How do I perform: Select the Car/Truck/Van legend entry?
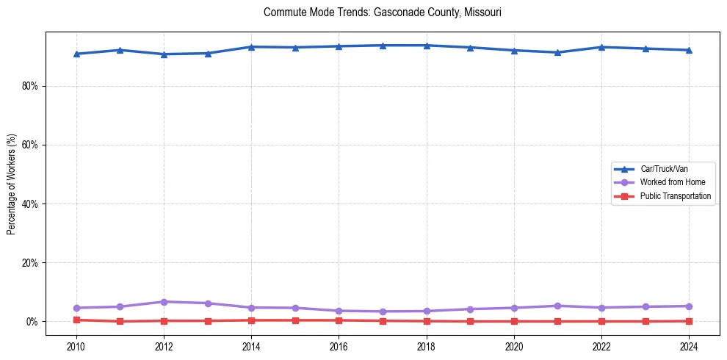coord(664,169)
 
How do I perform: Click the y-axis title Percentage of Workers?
coord(12,184)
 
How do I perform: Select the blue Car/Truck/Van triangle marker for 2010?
coord(76,54)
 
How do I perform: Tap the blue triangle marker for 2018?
coord(426,46)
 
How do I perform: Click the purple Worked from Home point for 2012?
coord(164,302)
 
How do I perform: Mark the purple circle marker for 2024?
coord(688,306)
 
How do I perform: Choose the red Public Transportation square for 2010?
coord(76,320)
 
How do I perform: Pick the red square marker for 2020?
coord(514,321)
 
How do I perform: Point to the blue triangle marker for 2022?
coord(601,47)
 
